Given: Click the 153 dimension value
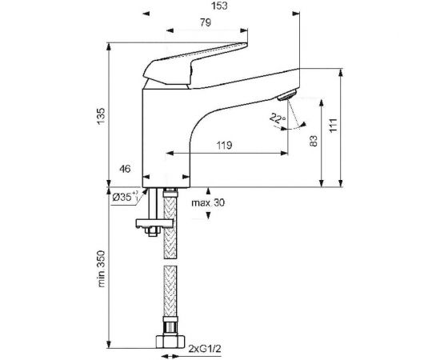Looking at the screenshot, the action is point(219,6).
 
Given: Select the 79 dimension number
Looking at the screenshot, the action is point(206,22).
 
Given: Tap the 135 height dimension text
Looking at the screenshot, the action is point(101,116).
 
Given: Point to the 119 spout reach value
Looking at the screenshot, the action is point(224,146).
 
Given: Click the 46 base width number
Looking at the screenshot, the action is point(125,169).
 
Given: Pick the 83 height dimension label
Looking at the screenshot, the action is point(314,141).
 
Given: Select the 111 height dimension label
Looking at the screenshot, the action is point(333,126).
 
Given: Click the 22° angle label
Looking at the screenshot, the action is point(278,118).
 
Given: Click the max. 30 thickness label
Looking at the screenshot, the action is point(208,202).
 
